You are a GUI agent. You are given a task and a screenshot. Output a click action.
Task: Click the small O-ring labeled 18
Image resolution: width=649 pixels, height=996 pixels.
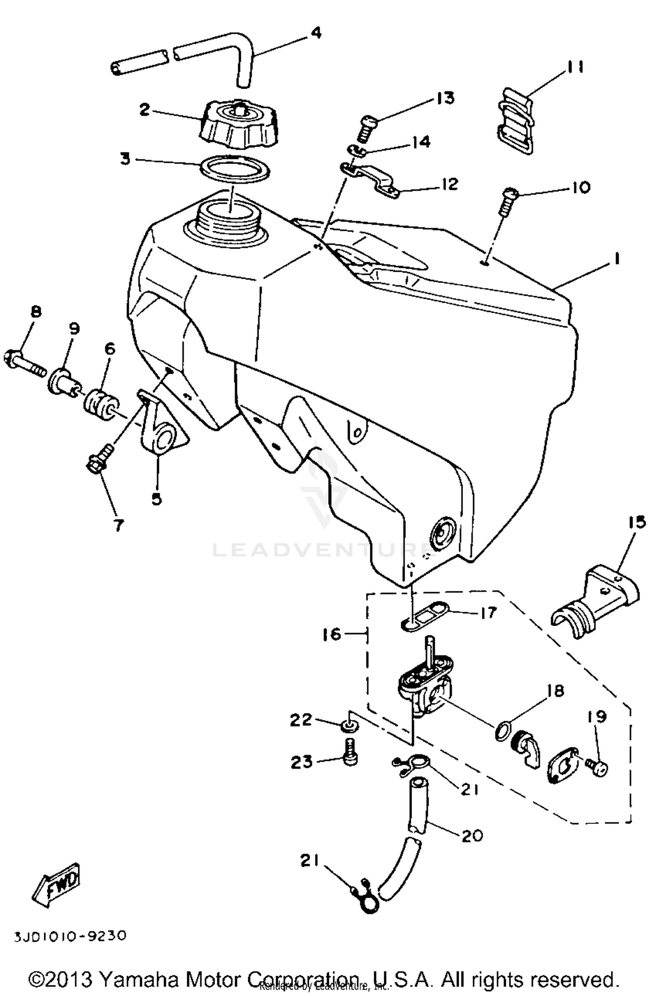pos(502,733)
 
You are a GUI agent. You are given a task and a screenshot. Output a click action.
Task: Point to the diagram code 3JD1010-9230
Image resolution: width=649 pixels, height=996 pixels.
pos(70,936)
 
